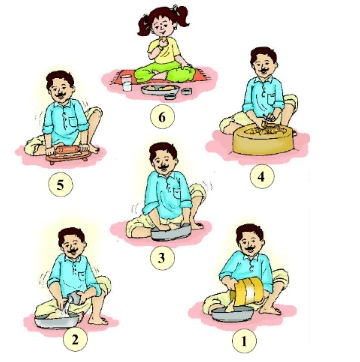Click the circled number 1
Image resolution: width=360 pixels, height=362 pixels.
point(244,341)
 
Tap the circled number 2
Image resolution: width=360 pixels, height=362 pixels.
point(75,340)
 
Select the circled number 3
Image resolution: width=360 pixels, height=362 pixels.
point(162,258)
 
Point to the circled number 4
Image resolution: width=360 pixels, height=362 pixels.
point(262,176)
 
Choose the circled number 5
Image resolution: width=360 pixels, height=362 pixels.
point(60,184)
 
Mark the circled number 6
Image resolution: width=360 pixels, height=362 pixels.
point(162,117)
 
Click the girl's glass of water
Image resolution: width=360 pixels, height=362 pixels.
point(126,83)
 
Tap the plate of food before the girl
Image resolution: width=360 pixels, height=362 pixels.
point(160,90)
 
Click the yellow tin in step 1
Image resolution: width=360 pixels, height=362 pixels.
point(248,291)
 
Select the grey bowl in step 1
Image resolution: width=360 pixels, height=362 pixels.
point(233,315)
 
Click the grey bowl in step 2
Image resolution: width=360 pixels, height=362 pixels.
point(55,321)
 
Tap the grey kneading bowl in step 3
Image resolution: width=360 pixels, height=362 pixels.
point(171,232)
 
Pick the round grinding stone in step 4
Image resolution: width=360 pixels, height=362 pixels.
point(262,140)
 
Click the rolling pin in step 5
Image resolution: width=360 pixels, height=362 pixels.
point(69,150)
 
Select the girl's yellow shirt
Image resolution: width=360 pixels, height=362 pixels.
point(163,51)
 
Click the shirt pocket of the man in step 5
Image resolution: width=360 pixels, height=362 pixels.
point(73,122)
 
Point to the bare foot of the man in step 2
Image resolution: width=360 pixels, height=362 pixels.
point(98,320)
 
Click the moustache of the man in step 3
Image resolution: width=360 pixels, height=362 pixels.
point(164,167)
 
